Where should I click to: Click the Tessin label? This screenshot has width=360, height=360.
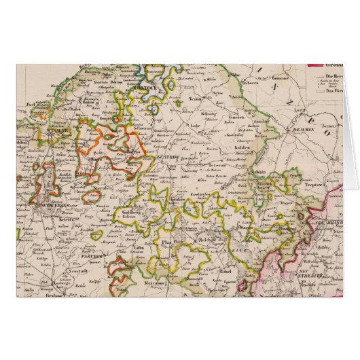[196, 98]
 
